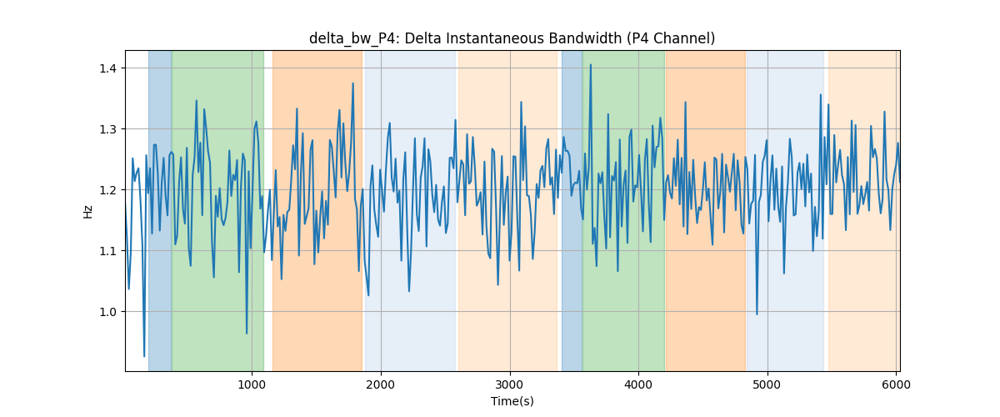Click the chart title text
point(512,38)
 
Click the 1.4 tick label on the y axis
point(107,68)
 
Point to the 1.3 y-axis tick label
point(107,129)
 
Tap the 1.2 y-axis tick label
point(107,190)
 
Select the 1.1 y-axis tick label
point(107,251)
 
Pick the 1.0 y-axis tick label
point(107,312)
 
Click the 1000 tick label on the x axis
point(252,384)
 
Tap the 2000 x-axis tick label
point(381,384)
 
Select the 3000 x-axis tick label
point(510,384)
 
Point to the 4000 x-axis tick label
point(638,384)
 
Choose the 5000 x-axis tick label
point(767,384)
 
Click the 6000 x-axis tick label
point(896,384)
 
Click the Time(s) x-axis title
point(512,401)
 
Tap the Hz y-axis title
point(88,211)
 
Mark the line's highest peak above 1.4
point(591,65)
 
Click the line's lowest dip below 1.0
point(143,356)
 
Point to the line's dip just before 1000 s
point(247,333)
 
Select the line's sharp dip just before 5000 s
point(757,314)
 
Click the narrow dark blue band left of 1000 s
point(160,210)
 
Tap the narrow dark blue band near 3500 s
point(572,210)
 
